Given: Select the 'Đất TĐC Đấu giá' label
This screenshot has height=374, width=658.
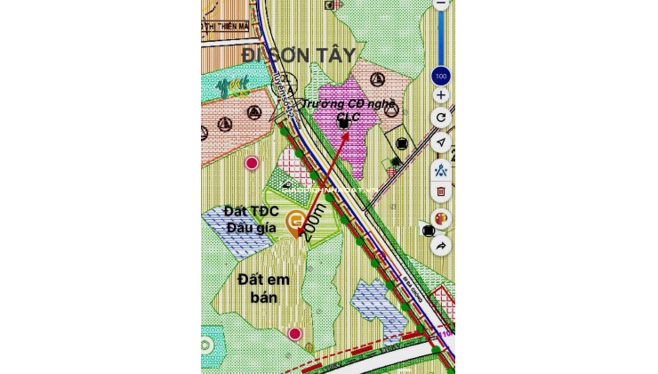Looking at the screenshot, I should point(253,221).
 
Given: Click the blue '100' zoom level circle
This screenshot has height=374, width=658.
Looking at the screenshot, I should point(441,75).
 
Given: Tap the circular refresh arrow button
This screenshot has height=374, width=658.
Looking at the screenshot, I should point(441,118).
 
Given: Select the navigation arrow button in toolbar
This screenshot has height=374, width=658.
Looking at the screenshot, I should point(441,142).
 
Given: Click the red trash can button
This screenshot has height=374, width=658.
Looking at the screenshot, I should point(441,191).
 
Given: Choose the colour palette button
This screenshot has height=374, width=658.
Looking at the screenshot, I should point(441,218).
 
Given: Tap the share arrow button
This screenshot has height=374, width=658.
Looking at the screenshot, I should point(441,245).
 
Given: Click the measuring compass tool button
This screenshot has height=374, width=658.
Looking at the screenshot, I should point(441,167).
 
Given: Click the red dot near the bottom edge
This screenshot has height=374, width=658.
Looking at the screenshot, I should point(294,334).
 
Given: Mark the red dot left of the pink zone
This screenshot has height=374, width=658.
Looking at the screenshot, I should point(253,163).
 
